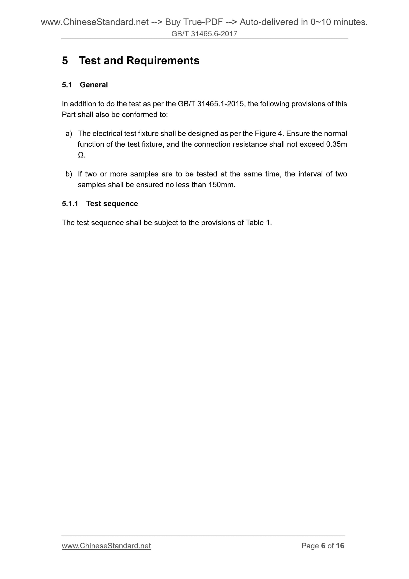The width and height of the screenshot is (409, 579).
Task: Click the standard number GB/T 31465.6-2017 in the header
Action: click(x=204, y=34)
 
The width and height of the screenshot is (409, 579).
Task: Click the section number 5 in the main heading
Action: click(x=65, y=61)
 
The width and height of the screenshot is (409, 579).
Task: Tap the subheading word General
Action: click(x=94, y=85)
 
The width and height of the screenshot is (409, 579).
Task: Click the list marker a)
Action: click(x=69, y=133)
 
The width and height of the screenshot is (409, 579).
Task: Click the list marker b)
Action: click(x=69, y=174)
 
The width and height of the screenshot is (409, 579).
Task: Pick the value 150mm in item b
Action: click(x=222, y=185)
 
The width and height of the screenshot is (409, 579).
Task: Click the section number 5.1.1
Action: click(x=70, y=204)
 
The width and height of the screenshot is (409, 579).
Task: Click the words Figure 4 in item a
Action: click(x=269, y=133)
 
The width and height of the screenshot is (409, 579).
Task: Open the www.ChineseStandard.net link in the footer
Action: click(x=106, y=546)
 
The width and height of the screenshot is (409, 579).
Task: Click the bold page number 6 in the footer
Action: click(x=323, y=546)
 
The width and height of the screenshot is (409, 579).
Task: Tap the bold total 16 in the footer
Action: click(x=340, y=546)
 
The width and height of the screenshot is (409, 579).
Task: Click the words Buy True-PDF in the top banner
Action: click(x=194, y=23)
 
